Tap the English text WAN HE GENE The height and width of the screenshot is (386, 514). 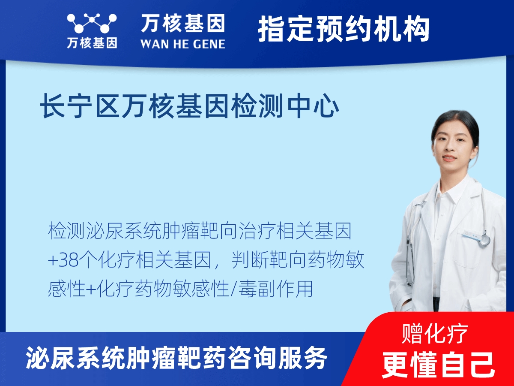pyautogui.click(x=183, y=43)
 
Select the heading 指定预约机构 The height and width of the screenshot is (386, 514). pyautogui.click(x=344, y=29)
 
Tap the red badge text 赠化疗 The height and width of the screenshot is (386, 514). pyautogui.click(x=435, y=334)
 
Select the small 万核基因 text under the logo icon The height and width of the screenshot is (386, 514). pyautogui.click(x=92, y=43)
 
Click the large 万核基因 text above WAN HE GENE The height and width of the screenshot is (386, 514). pyautogui.click(x=183, y=23)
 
